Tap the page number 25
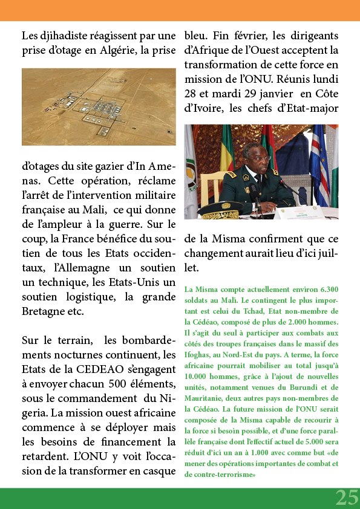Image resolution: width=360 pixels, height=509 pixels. click(x=347, y=498)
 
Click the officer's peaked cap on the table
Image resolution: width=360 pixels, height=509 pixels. click(x=217, y=213)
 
